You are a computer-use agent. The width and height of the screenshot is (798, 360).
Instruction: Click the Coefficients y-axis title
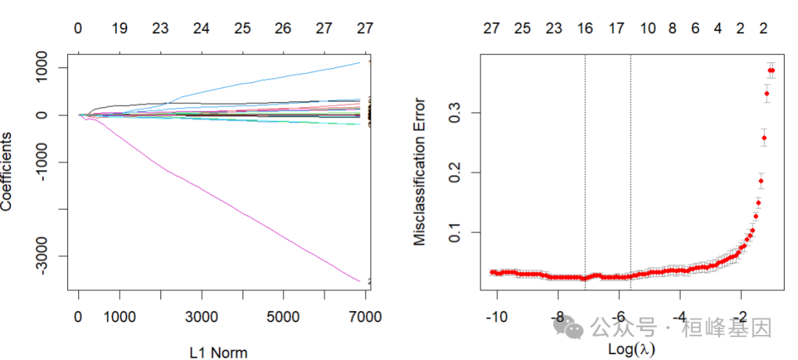click(x=7, y=172)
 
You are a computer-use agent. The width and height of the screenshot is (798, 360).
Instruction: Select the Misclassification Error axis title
click(x=420, y=172)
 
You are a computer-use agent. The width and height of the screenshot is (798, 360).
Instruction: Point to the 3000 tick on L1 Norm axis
click(x=201, y=318)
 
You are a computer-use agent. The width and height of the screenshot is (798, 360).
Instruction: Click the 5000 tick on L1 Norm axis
click(x=283, y=318)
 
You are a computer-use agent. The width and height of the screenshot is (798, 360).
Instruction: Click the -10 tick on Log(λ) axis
click(x=496, y=318)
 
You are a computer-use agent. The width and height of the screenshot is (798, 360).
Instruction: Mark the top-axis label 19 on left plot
click(x=119, y=29)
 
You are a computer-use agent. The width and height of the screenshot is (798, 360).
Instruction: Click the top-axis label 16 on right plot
click(x=584, y=29)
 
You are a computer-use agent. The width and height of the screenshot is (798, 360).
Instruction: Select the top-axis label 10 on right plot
click(x=648, y=29)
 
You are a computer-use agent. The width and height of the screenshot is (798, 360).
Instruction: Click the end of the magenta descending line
click(x=359, y=281)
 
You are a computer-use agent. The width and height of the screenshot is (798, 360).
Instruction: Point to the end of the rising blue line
click(x=359, y=63)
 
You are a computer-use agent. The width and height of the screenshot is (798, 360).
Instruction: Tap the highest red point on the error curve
click(x=771, y=70)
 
